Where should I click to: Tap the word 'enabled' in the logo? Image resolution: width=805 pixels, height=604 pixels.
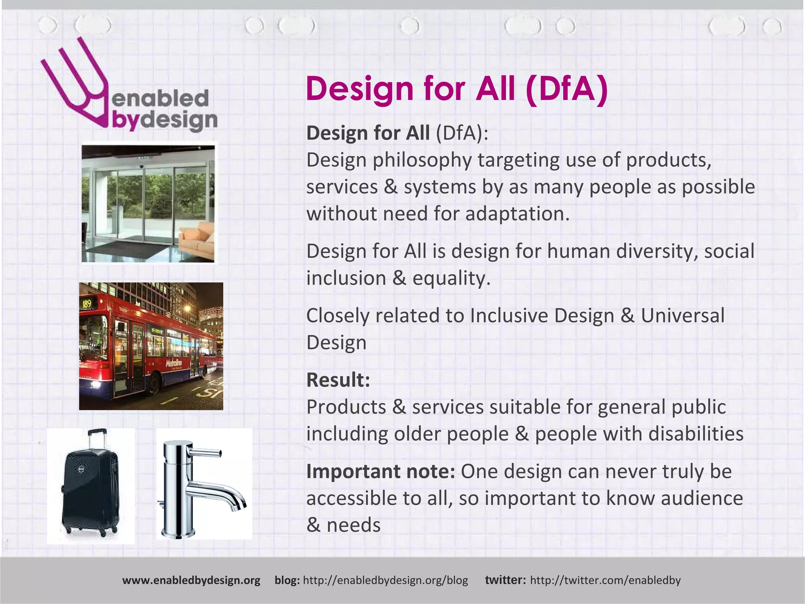(x=160, y=98)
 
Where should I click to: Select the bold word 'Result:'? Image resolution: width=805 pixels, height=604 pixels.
(x=338, y=380)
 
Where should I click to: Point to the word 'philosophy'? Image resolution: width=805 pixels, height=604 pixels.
(x=422, y=160)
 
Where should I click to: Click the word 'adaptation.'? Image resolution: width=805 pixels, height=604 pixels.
(x=517, y=214)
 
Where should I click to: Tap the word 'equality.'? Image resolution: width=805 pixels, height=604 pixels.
(x=451, y=278)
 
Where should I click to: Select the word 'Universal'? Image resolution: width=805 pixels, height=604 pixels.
(x=682, y=316)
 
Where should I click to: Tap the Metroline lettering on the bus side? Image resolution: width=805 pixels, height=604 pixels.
(x=173, y=363)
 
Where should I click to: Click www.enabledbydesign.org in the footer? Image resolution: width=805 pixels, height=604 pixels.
(x=191, y=580)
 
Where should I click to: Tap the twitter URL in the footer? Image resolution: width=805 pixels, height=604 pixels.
(x=605, y=580)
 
